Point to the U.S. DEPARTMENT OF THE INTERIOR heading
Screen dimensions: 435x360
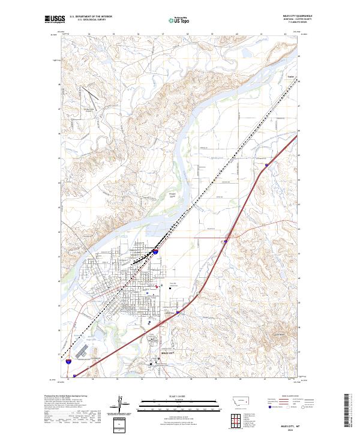(x=91, y=16)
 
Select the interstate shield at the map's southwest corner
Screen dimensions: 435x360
(x=70, y=361)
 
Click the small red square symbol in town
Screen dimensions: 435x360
(x=158, y=287)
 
